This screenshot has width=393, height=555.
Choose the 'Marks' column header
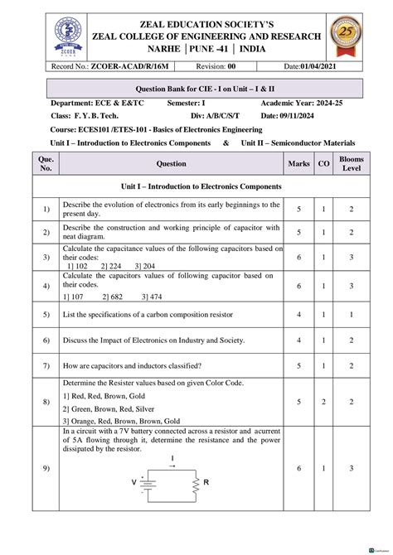pyautogui.click(x=298, y=164)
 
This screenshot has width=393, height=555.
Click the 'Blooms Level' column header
pyautogui.click(x=352, y=164)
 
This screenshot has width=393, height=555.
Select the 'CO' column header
pyautogui.click(x=323, y=164)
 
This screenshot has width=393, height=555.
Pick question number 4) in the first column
pyautogui.click(x=46, y=286)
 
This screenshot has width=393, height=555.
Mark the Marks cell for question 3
pyautogui.click(x=298, y=258)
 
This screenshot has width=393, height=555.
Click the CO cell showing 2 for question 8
pyautogui.click(x=323, y=401)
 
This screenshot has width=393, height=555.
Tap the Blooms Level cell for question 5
pyautogui.click(x=352, y=315)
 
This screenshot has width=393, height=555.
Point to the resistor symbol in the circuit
pyautogui.click(x=196, y=482)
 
